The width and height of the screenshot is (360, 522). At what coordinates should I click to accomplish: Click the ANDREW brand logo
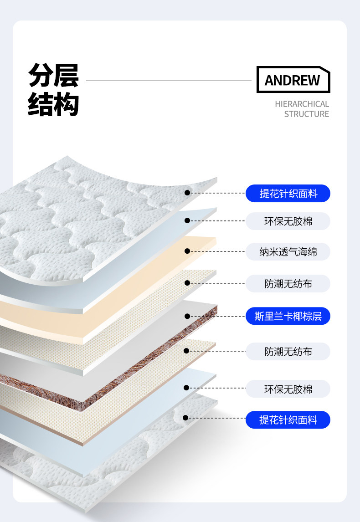293,80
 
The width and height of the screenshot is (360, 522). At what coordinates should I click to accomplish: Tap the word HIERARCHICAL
302,104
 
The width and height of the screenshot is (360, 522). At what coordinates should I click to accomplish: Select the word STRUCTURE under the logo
306,114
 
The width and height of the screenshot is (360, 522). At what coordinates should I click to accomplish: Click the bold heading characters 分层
53,75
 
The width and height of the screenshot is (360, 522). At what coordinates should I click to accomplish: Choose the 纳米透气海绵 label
288,251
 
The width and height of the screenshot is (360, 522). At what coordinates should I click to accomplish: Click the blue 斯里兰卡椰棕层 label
288,316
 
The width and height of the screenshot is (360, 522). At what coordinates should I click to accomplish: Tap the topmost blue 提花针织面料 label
288,194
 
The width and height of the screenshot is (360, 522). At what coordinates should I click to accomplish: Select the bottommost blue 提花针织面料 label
288,420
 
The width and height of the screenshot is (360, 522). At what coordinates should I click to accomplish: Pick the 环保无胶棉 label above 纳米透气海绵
288,221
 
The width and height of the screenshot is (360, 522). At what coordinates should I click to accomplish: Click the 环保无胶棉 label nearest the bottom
288,389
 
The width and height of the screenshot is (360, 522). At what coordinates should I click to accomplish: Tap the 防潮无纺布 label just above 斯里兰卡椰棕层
288,284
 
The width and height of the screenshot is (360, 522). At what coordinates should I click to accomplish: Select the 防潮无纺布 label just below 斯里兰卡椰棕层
288,352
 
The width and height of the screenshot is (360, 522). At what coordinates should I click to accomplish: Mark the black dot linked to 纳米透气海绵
187,251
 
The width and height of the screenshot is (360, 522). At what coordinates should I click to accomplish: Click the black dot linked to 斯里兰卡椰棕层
187,316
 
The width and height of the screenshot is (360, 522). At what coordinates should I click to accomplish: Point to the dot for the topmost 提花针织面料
187,193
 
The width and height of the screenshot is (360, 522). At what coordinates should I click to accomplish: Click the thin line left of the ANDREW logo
169,81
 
